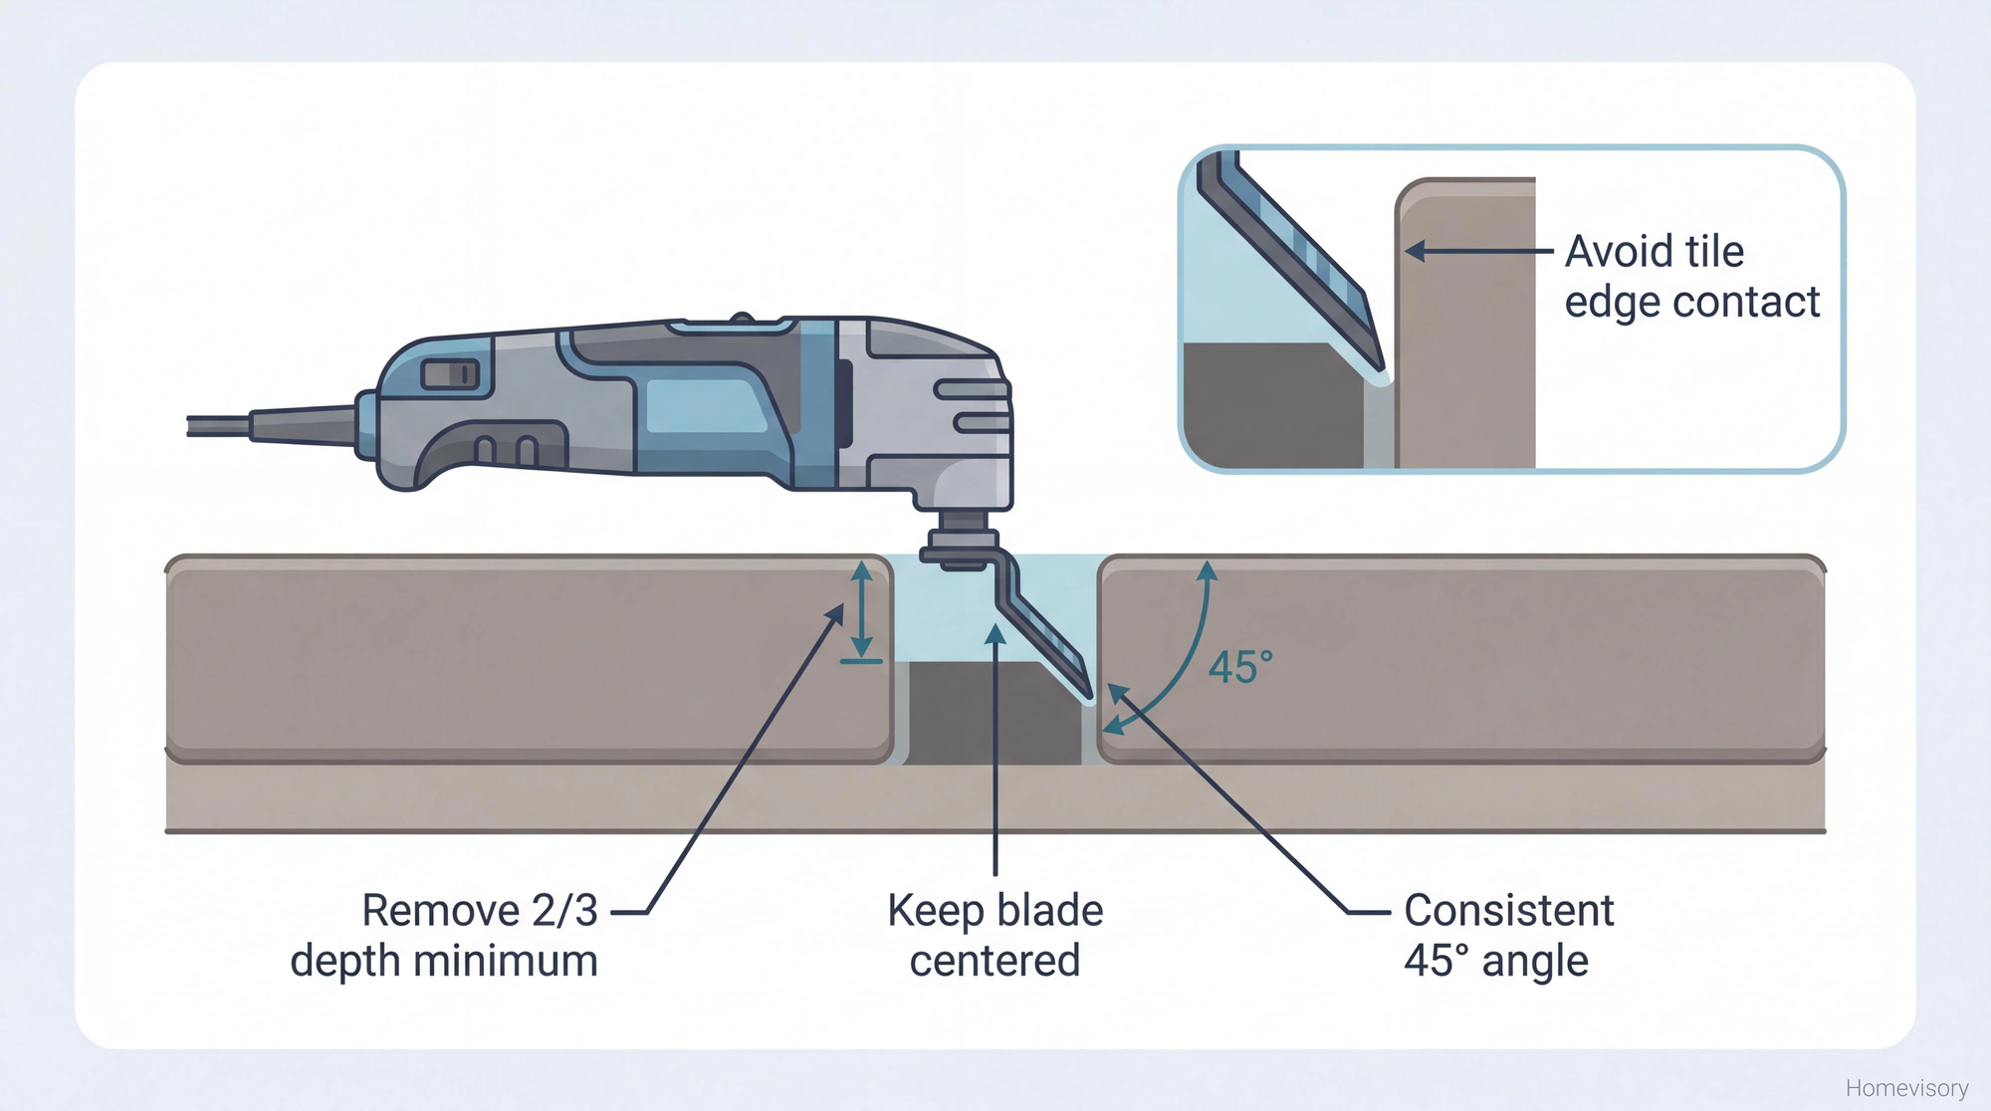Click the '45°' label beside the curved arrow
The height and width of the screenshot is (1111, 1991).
[x=1240, y=667]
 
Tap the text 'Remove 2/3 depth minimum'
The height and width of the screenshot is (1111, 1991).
[x=445, y=936]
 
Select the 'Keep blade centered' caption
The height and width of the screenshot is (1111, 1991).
[x=995, y=936]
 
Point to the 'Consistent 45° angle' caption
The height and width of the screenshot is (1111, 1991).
[x=1507, y=936]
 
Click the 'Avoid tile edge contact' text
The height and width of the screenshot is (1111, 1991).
[x=1690, y=277]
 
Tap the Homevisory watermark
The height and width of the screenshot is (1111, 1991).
[x=1905, y=1088]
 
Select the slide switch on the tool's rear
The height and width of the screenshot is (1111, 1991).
[x=451, y=374]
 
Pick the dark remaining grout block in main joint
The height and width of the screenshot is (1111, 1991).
[x=994, y=713]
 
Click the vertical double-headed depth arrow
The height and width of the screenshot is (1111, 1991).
[x=862, y=609]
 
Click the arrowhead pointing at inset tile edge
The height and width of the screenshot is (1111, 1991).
[x=1416, y=251]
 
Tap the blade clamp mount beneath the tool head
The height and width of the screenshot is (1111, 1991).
[x=961, y=543]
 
